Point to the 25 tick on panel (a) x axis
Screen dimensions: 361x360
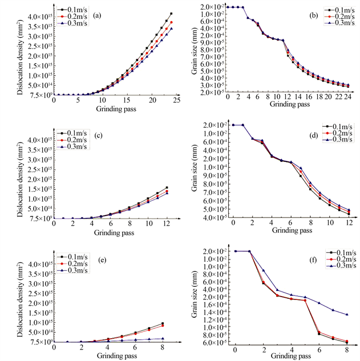176,100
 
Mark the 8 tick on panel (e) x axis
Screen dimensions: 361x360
163,349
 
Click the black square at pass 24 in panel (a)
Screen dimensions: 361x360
171,13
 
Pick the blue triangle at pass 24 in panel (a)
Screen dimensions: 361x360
171,29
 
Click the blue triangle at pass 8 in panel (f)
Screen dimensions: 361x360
347,315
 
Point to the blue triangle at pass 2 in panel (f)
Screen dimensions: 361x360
263,270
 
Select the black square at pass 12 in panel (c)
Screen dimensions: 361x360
166,187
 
